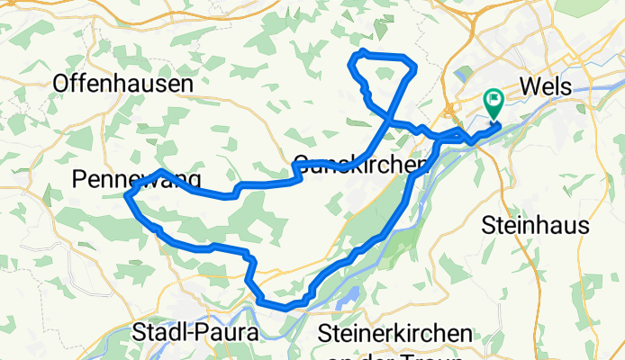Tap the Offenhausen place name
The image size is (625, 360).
(x=123, y=84)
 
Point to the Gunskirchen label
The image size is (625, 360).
(x=358, y=166)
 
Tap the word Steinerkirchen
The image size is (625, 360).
(x=395, y=333)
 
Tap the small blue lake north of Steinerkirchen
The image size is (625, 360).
(x=348, y=295)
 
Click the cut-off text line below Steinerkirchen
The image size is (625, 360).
(x=394, y=355)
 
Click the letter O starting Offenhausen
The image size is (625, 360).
(x=61, y=84)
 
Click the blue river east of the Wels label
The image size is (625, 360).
(x=594, y=97)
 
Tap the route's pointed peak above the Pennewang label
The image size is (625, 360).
(x=160, y=171)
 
